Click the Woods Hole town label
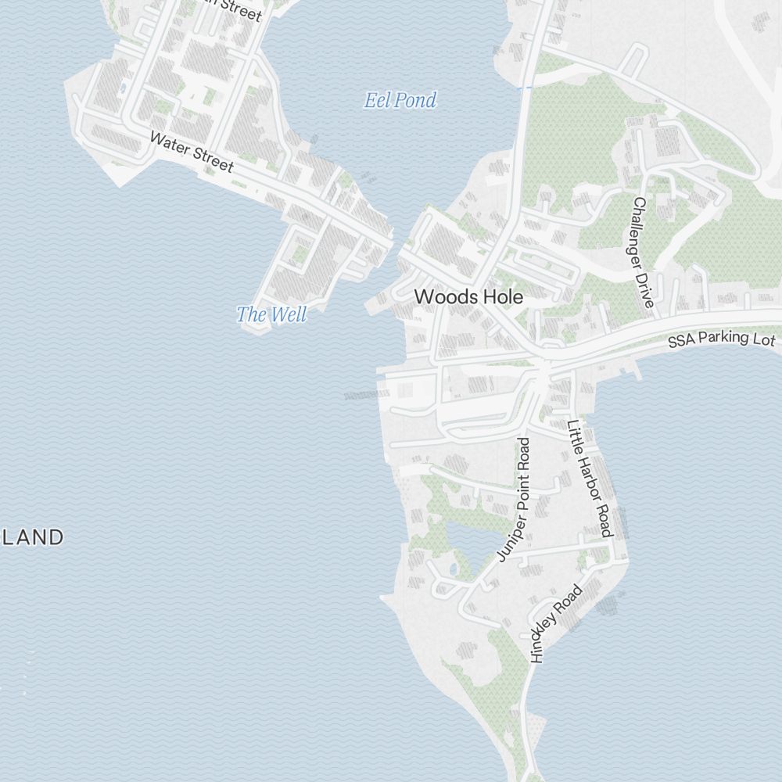pos(468,297)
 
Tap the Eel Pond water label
pos(400,100)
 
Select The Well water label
pos(271,314)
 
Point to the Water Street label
pos(191,152)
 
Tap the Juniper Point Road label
pos(514,499)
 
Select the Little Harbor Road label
pos(588,478)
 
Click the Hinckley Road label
pos(556,623)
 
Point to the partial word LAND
pos(32,537)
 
